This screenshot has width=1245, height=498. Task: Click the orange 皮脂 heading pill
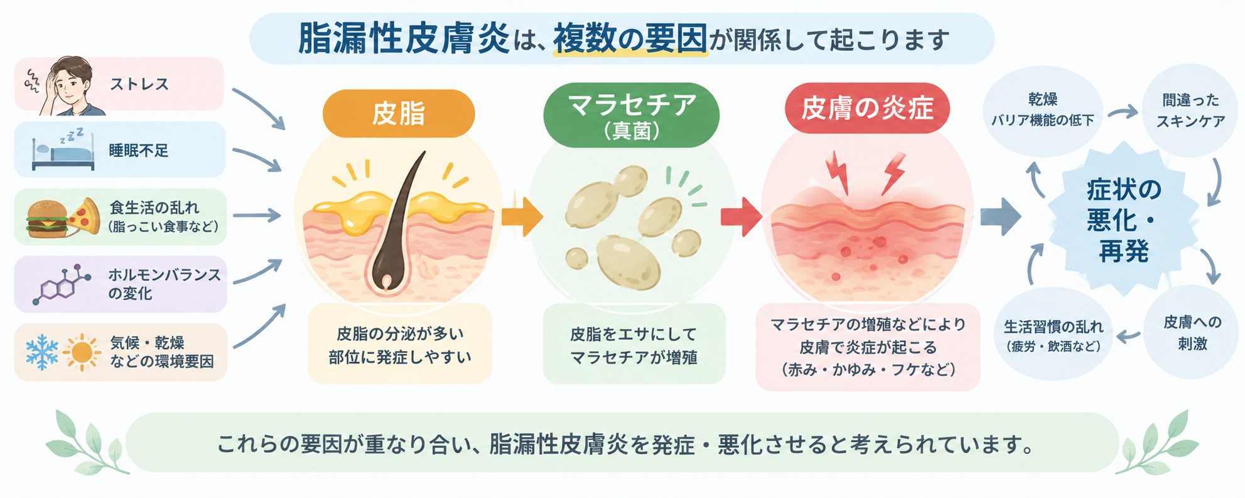399,114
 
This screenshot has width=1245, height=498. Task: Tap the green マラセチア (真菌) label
631,115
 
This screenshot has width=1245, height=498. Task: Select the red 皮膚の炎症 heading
867,108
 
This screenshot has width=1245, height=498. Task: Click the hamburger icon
46,218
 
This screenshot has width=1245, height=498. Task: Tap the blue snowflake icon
42,352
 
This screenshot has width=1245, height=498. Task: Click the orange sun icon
82,352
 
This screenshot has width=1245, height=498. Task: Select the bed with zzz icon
62,149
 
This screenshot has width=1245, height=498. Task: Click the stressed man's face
72,85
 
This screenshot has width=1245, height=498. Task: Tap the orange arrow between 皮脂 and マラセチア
522,217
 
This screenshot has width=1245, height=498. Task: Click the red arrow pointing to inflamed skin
741,217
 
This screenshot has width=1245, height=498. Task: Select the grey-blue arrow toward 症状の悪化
1001,217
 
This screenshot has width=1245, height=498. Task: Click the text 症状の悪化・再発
1124,220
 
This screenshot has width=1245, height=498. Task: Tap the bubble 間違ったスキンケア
1190,111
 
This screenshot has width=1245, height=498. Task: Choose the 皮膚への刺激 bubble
1192,332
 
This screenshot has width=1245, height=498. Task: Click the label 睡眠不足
139,151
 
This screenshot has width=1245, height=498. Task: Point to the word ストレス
139,84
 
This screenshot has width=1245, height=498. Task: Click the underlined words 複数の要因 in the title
630,39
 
